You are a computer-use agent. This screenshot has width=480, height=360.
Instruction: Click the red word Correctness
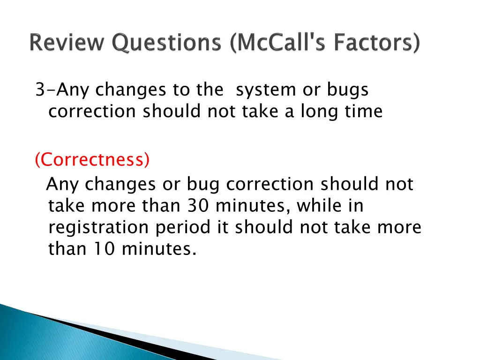[x=92, y=160]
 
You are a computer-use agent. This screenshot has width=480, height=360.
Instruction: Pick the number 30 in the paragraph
[x=197, y=206]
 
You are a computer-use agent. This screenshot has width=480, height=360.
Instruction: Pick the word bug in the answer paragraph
[x=203, y=184]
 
